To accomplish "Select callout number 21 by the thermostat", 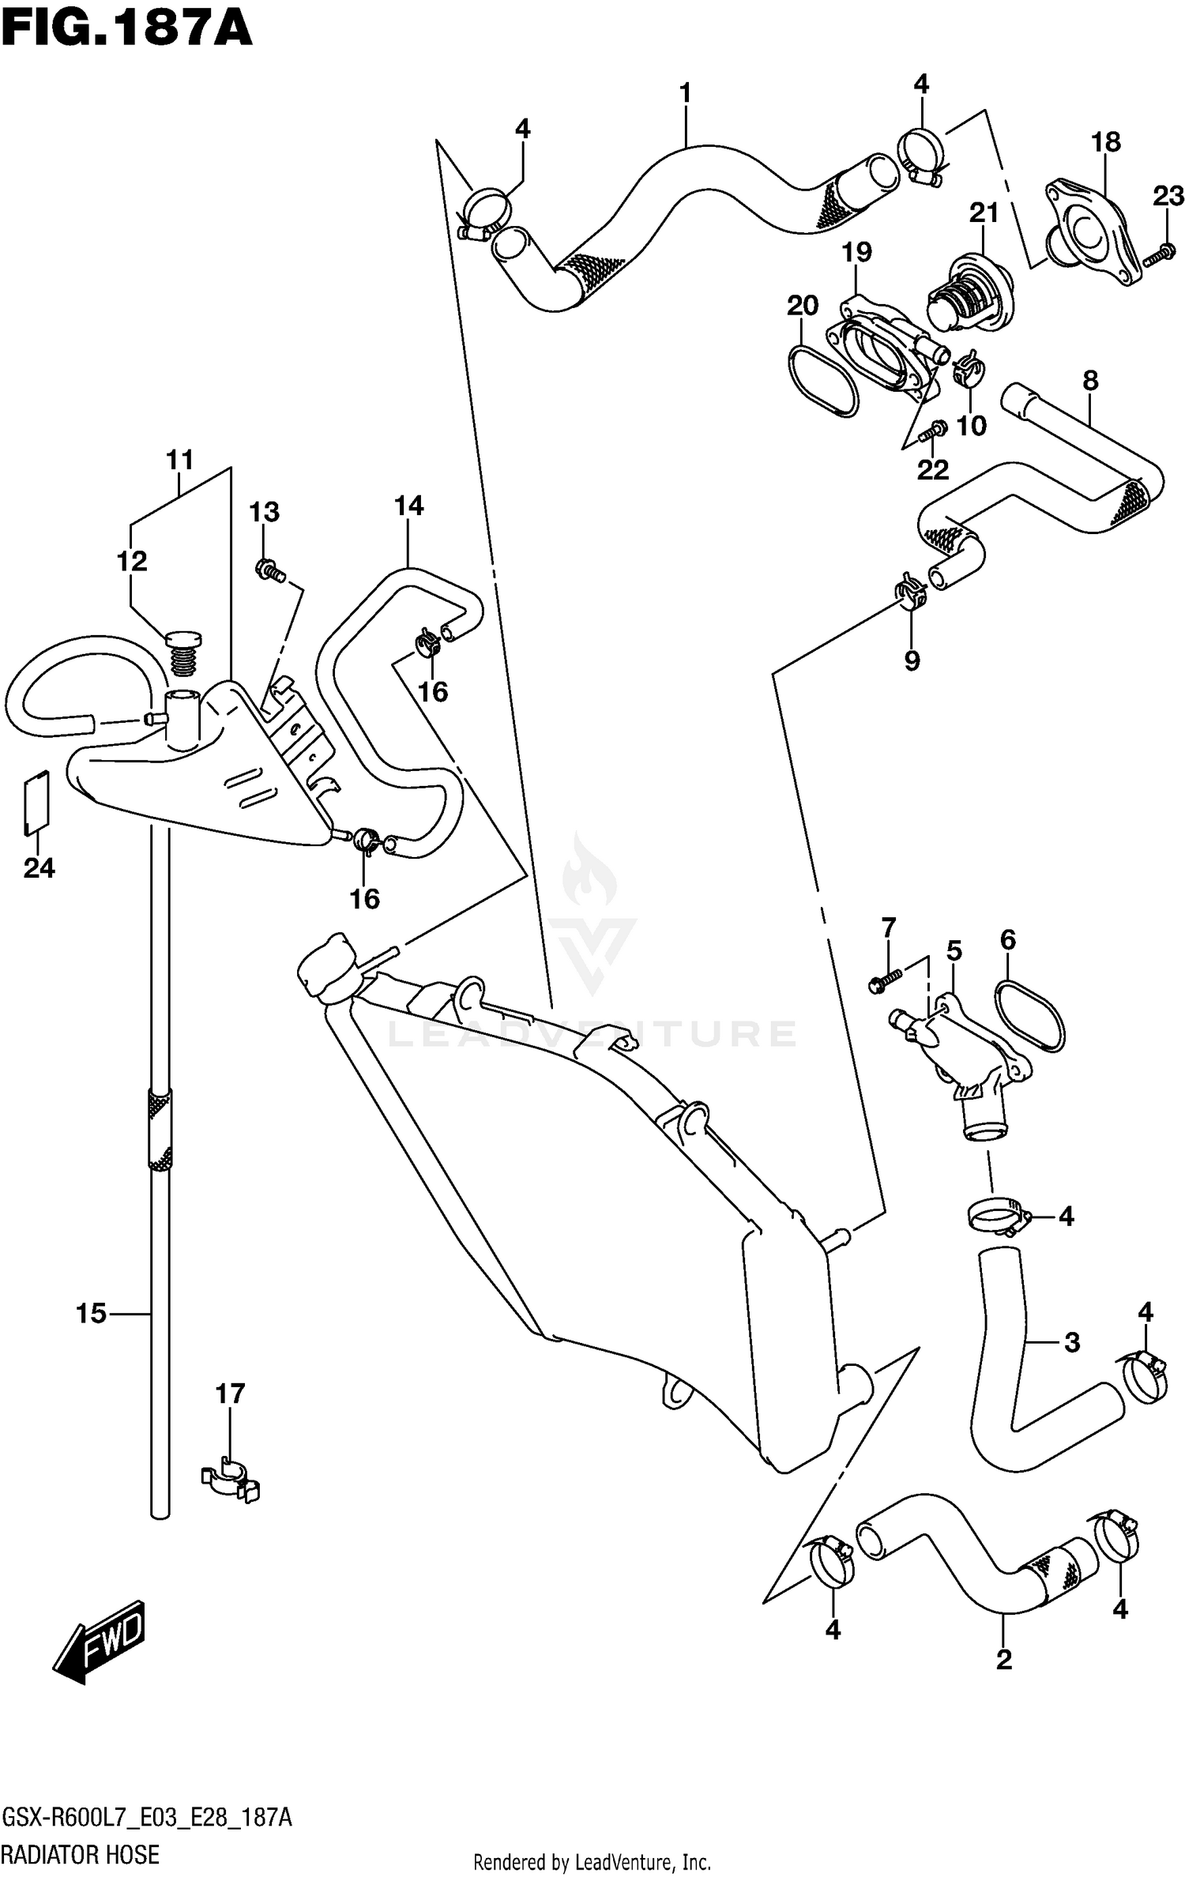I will tap(984, 213).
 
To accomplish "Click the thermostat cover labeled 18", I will tap(1094, 234).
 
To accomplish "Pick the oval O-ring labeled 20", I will tap(822, 378).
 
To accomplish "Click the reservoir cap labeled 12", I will tap(182, 652).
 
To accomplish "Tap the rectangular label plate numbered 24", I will tap(36, 803).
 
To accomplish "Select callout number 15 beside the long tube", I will tap(91, 1314).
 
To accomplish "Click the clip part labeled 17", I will tap(231, 1483).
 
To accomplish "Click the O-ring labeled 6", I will tap(1030, 1014).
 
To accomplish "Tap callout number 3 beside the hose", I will tap(1071, 1341).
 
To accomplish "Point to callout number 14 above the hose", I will tap(409, 506).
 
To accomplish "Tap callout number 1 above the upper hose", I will tap(685, 93).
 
